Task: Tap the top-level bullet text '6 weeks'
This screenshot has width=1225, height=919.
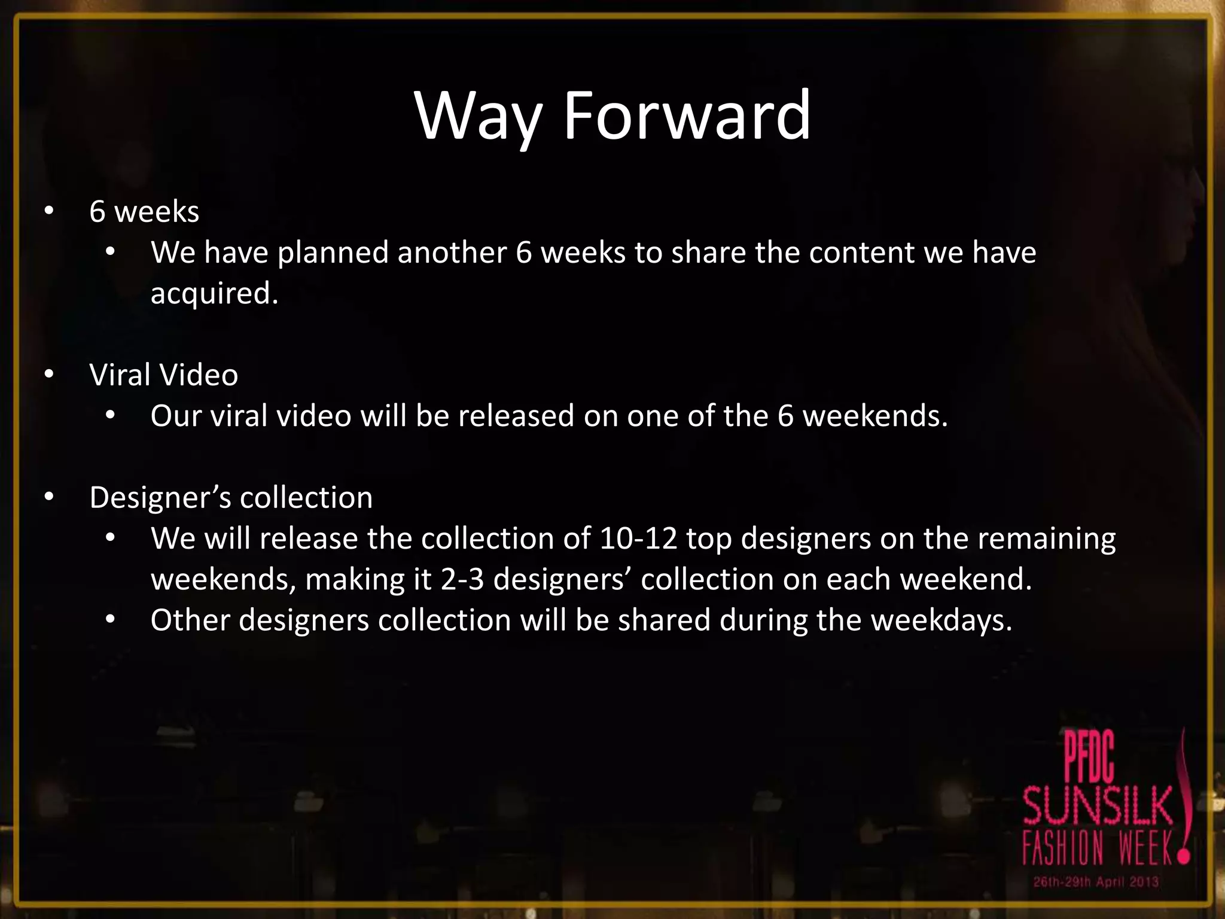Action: [x=144, y=212]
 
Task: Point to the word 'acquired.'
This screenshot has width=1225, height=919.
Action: [x=214, y=294]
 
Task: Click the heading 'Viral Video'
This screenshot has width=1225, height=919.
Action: [x=163, y=375]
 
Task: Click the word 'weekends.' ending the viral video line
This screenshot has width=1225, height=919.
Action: [x=874, y=416]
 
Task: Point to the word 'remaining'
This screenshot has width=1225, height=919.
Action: [x=1046, y=538]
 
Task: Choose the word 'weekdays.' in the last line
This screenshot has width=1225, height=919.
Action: [x=941, y=620]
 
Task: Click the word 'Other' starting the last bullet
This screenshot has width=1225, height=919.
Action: [x=190, y=620]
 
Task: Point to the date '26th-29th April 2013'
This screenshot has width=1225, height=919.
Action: [x=1096, y=882]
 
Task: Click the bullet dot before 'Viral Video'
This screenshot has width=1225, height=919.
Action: [x=49, y=375]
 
